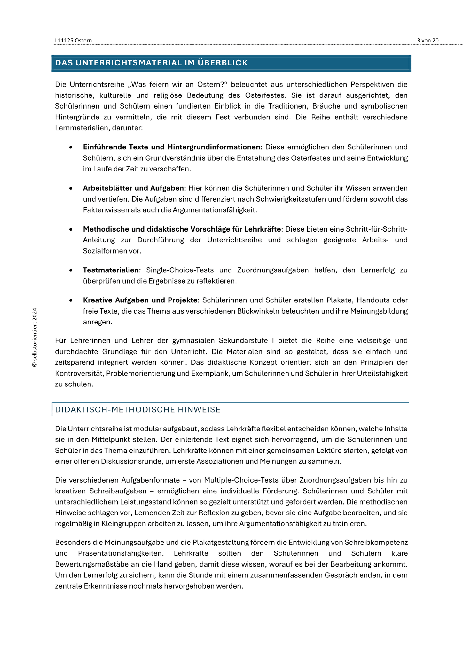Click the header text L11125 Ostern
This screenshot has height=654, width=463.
(73, 40)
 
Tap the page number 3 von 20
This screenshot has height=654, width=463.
(428, 40)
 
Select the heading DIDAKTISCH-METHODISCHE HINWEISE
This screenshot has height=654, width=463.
(138, 410)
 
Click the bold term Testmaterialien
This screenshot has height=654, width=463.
(111, 270)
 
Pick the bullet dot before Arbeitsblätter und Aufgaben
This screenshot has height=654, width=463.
(71, 188)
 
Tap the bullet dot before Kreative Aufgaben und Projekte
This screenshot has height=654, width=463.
(71, 300)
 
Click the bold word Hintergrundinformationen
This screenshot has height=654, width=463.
(214, 147)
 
